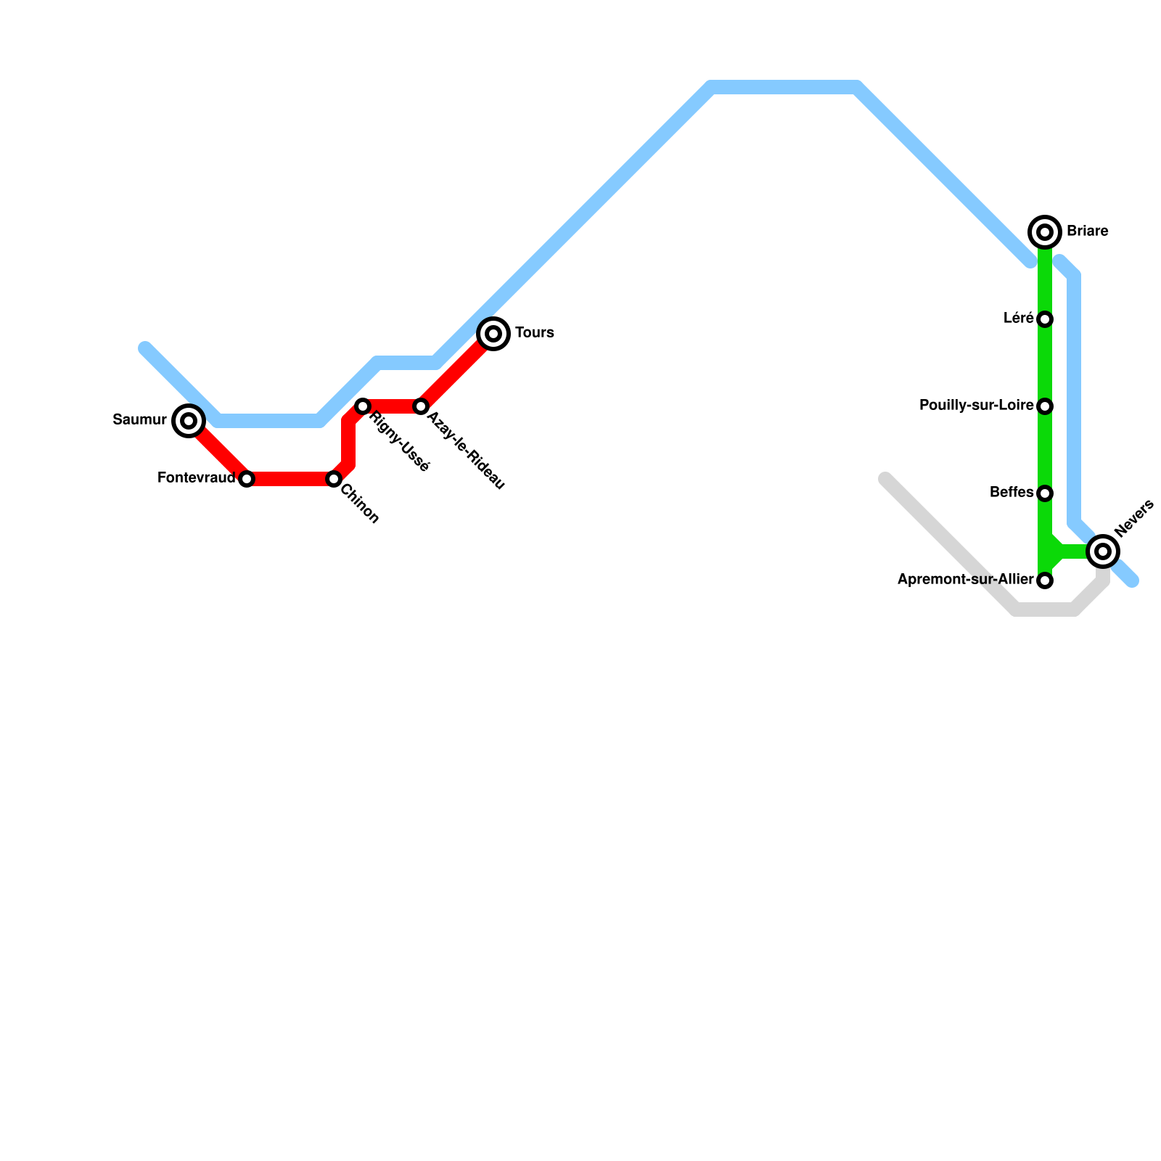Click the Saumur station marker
(189, 421)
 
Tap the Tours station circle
(493, 334)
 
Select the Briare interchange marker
(1045, 232)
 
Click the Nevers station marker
(1103, 551)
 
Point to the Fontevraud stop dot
(247, 479)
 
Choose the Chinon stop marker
(334, 479)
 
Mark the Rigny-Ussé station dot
(363, 406)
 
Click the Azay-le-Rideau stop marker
(421, 406)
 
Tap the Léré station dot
(1045, 319)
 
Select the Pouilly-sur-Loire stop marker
(1045, 406)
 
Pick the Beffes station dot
(1045, 493)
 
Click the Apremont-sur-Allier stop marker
(1045, 580)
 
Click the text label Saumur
(140, 419)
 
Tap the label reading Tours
(535, 333)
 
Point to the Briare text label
(1087, 231)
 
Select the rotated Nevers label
(1134, 518)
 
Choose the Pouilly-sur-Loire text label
(976, 406)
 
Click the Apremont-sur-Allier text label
(965, 580)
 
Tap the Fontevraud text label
(196, 478)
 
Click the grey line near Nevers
(1045, 610)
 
